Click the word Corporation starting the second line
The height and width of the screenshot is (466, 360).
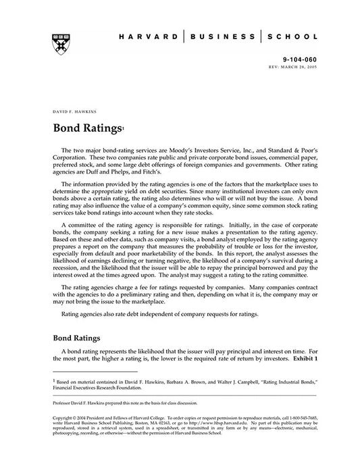tap(71, 157)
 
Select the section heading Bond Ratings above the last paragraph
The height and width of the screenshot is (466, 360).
tap(76, 338)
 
